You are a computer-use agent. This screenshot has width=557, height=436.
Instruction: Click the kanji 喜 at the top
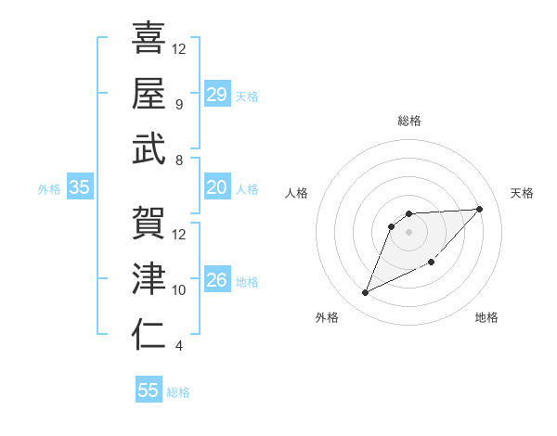point(149,38)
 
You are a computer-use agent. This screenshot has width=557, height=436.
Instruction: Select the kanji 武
point(149,148)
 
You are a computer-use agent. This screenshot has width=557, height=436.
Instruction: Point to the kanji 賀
point(149,223)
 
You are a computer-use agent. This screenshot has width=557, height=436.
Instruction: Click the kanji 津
point(149,278)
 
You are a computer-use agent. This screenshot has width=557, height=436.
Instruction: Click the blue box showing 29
point(216,96)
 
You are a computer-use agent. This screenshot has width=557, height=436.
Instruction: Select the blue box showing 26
point(216,281)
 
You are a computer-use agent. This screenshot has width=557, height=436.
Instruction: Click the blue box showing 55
point(149,391)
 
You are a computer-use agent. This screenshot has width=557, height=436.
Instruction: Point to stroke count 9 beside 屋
point(178,104)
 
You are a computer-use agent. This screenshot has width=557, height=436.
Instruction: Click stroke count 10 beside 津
point(179,290)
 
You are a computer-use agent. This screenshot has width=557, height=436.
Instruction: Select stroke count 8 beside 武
point(178,160)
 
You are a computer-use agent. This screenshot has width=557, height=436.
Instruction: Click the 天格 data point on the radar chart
point(479,209)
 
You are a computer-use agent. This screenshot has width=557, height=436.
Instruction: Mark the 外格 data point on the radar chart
point(365,293)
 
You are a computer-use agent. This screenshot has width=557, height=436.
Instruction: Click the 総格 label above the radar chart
point(409,121)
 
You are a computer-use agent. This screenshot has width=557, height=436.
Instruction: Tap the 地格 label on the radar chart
point(486,318)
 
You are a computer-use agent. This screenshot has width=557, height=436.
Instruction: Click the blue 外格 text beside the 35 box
point(49,189)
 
